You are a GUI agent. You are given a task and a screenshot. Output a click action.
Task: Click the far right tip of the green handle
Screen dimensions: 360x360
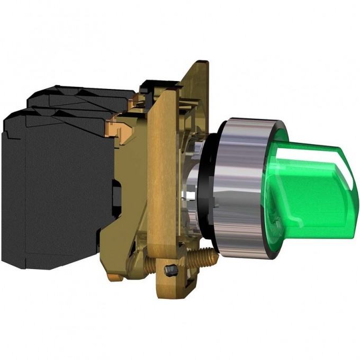(x=357, y=175)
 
